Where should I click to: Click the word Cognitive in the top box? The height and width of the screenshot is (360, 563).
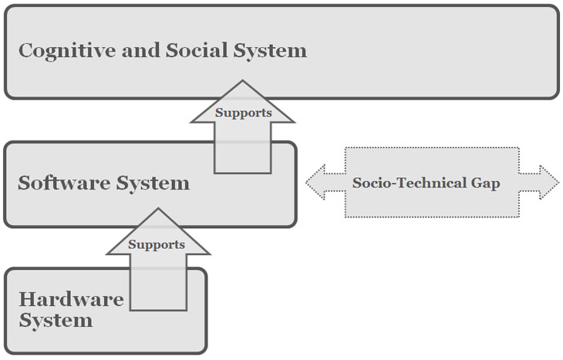[x=67, y=51]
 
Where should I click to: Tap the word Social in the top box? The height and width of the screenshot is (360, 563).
[x=197, y=50]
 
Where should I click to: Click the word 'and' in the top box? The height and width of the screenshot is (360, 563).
[x=140, y=50]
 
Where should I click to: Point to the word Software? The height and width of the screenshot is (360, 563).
[x=64, y=183]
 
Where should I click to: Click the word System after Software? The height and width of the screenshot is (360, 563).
[x=153, y=183]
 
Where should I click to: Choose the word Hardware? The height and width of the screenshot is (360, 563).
[x=71, y=299]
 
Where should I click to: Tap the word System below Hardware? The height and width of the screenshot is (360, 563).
[x=56, y=321]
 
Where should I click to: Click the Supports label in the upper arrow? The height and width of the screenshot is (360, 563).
[x=244, y=113]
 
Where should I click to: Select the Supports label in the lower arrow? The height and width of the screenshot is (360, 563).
[x=157, y=245]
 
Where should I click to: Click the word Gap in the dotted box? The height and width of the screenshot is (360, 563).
[x=485, y=183]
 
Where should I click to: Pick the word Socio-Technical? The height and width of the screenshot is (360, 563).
[x=410, y=183]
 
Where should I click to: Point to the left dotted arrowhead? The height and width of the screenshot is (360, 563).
[x=315, y=183]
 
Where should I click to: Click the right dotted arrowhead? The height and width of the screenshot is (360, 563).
[x=549, y=183]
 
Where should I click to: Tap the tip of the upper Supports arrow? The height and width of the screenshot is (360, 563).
[x=242, y=80]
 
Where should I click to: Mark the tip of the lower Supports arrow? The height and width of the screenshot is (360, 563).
[x=158, y=209]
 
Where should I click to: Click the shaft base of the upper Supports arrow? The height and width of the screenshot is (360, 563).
[x=243, y=173]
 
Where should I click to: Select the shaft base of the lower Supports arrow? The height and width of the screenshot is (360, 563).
[x=158, y=310]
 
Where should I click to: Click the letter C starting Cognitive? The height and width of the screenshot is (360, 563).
[x=25, y=50]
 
